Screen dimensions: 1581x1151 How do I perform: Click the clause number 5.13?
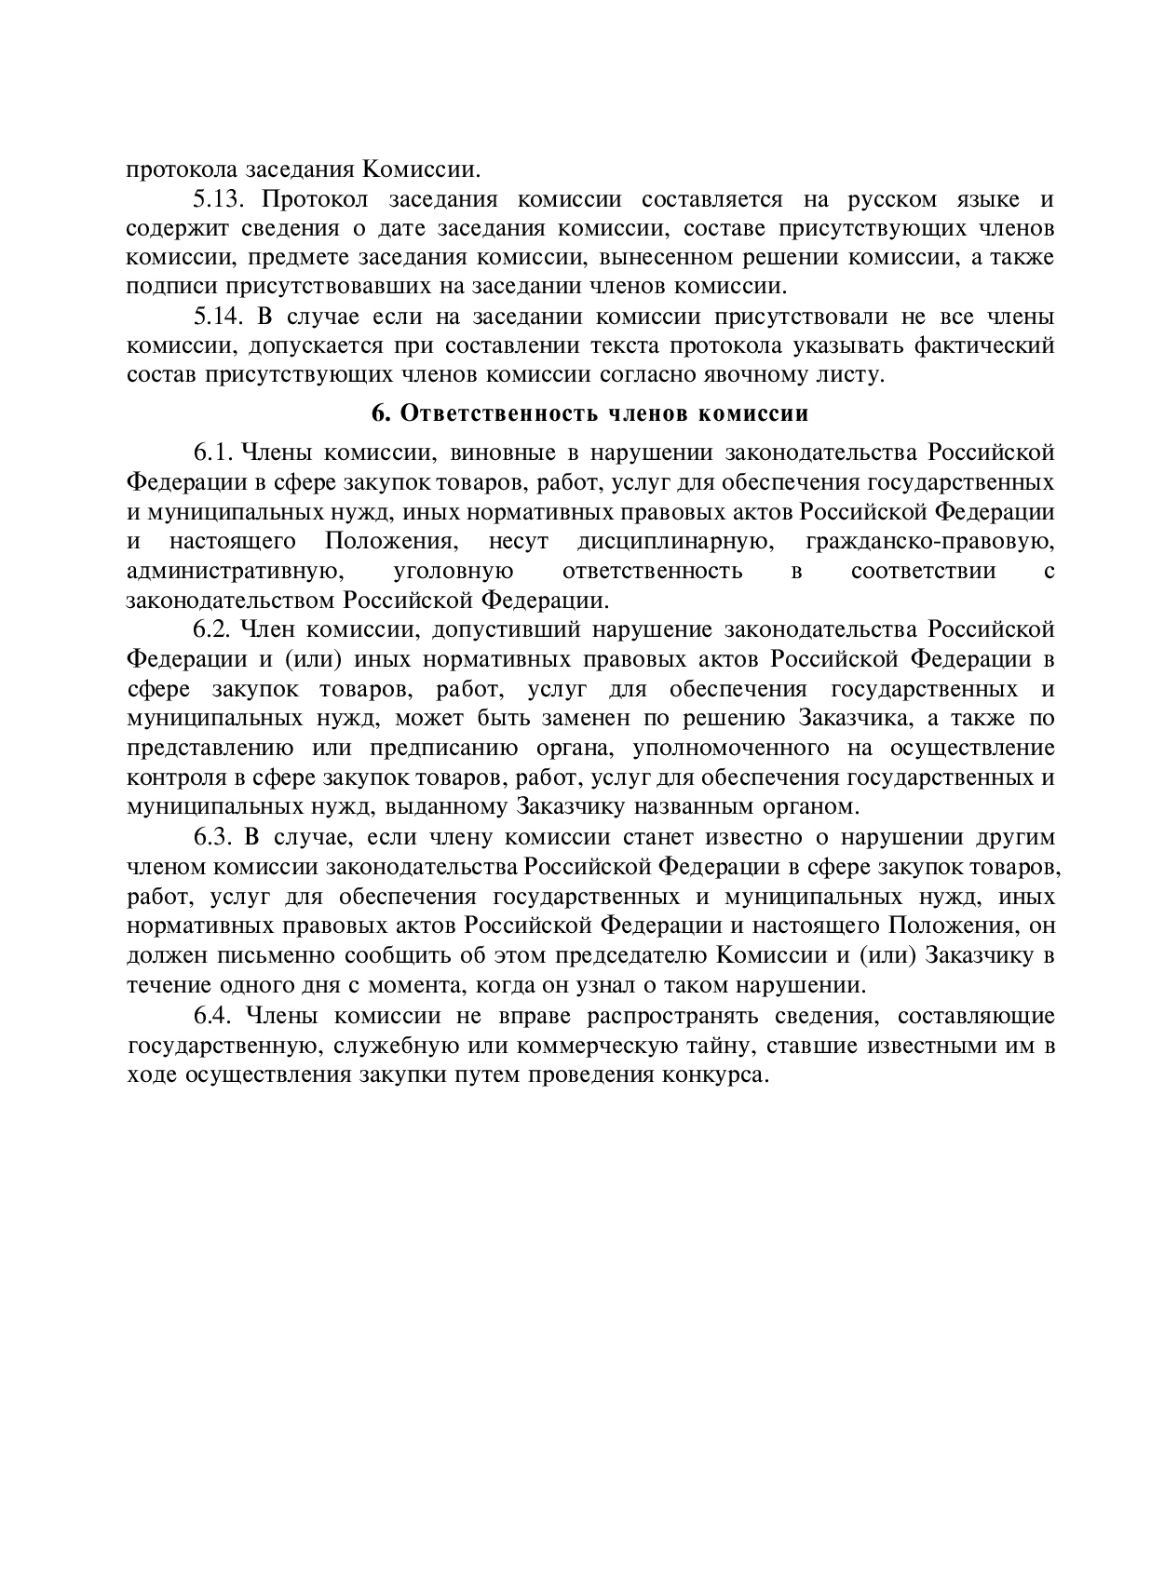pyautogui.click(x=217, y=199)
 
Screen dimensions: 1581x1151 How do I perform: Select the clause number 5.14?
pyautogui.click(x=217, y=317)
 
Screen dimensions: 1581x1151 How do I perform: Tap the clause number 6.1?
pyautogui.click(x=211, y=453)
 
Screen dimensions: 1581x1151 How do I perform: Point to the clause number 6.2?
pyautogui.click(x=211, y=630)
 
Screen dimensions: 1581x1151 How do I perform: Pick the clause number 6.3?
pyautogui.click(x=211, y=837)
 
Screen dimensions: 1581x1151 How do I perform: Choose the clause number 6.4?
pyautogui.click(x=211, y=1015)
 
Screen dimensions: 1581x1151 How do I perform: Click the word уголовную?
pyautogui.click(x=454, y=571)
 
